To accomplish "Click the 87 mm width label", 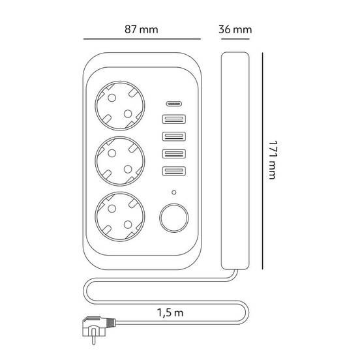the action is tap(142, 29).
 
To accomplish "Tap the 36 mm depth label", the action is tap(235, 29).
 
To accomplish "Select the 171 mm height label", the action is tap(273, 160).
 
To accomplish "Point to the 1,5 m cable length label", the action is tap(170, 312).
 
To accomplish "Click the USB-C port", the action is tap(174, 104).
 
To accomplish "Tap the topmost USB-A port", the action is tap(174, 119).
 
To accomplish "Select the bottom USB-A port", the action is tap(174, 171).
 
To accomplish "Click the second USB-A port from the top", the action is tap(174, 136).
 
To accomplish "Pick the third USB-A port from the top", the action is tap(174, 154).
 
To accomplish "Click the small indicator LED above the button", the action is tap(174, 192).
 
